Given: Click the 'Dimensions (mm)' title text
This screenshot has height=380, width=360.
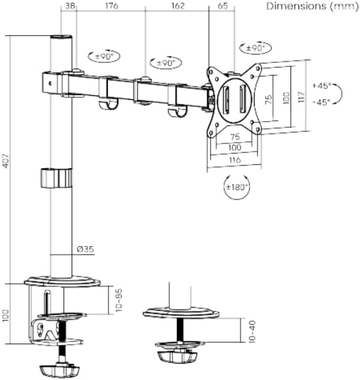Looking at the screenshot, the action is pos(312,6).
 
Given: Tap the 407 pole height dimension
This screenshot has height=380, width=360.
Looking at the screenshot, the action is pos(6,160).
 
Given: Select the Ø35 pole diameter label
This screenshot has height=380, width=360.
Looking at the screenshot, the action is pos(85,249).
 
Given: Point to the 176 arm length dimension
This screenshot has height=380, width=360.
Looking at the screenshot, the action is pos(111,5).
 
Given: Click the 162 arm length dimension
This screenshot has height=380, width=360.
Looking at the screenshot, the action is pos(178,5).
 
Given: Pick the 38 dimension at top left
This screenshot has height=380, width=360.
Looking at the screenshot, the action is pos(70,5).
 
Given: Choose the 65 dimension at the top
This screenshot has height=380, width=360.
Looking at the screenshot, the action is pos(223,5).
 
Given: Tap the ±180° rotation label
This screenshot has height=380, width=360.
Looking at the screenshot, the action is pos(237,187).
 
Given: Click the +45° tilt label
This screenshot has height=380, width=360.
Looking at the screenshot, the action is pos(322,86).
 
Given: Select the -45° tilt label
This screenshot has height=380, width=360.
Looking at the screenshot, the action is pos(322,102).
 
